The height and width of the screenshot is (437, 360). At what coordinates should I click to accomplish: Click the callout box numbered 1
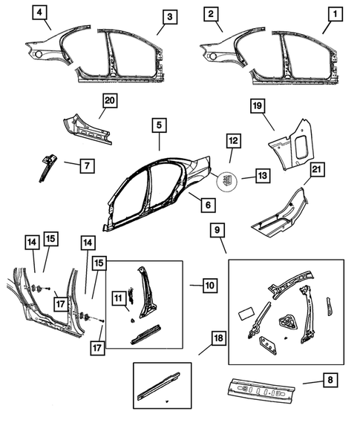(x=337, y=15)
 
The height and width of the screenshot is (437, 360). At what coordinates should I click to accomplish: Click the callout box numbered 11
(x=118, y=298)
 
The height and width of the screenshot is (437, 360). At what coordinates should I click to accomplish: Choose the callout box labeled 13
(x=261, y=176)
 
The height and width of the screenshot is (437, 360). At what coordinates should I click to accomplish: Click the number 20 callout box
(x=110, y=102)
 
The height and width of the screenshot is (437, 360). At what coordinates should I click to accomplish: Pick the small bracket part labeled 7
(x=48, y=165)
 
